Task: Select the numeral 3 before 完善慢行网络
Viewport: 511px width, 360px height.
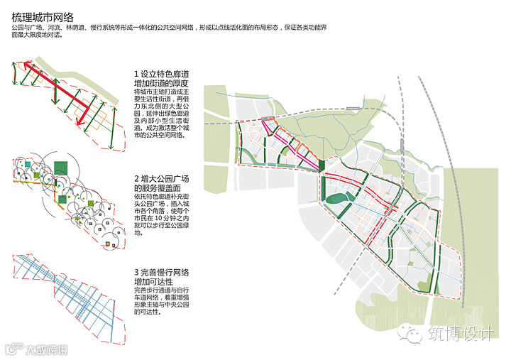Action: click(x=136, y=273)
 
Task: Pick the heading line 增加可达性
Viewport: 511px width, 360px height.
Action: click(x=153, y=283)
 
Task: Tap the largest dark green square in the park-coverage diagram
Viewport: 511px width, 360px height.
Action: click(x=63, y=167)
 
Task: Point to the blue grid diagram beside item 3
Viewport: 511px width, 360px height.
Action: click(x=67, y=288)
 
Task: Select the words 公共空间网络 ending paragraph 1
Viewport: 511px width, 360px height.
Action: click(x=158, y=135)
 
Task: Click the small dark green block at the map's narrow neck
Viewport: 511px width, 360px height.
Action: click(x=322, y=166)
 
